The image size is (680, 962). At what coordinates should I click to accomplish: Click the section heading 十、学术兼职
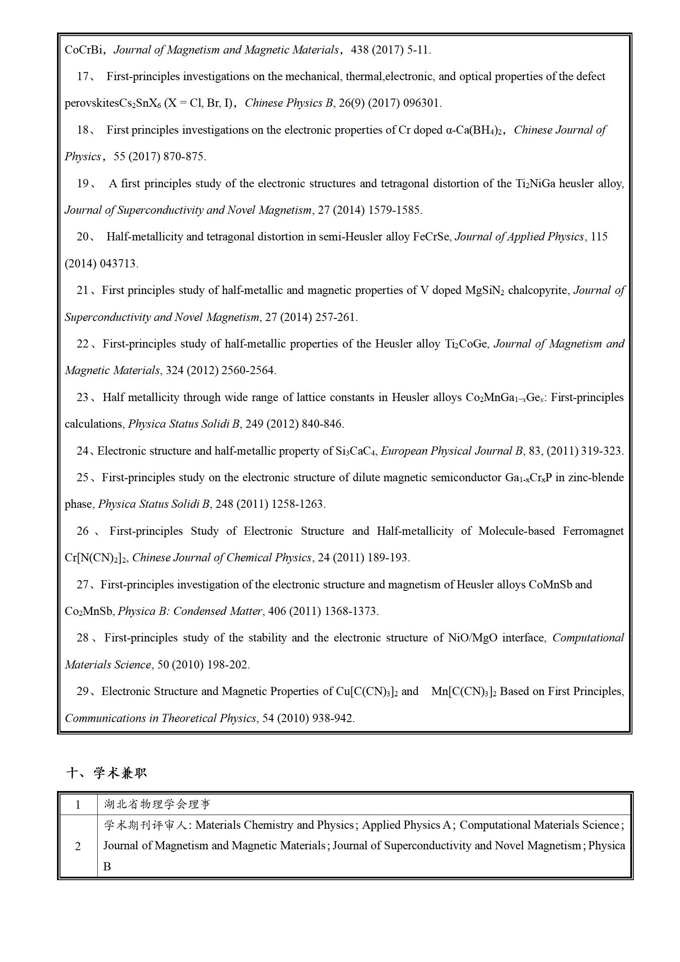pos(107,773)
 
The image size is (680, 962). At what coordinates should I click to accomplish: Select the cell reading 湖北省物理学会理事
pos(157,804)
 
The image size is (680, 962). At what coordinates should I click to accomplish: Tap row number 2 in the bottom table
pos(78,846)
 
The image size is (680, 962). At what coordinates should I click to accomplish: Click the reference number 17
pos(83,77)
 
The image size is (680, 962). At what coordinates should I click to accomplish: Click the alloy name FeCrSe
pos(431,237)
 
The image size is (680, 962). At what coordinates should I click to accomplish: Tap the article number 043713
pos(118,264)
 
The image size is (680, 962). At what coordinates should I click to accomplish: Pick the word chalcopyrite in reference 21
pos(538,291)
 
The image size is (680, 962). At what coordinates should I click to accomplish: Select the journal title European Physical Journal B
pos(452,451)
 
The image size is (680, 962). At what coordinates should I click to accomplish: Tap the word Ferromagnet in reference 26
pos(593,531)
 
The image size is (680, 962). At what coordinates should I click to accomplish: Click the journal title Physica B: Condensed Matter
pos(190,611)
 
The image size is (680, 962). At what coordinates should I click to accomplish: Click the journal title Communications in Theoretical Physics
pos(161,718)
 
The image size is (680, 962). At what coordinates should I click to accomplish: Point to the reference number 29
pos(83,692)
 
